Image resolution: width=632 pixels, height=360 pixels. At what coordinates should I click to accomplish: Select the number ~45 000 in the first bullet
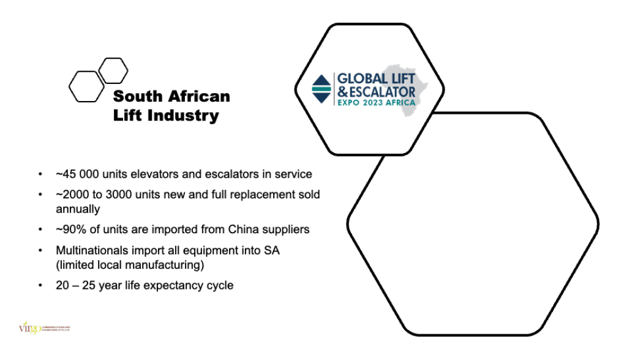(77, 174)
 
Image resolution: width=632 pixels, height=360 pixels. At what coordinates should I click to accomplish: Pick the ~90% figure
(68, 230)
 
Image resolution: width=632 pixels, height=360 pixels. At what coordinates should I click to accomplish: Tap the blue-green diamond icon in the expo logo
(322, 89)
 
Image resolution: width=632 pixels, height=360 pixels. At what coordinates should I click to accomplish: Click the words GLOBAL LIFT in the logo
(376, 78)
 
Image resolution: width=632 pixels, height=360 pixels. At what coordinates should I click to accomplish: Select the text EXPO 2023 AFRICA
(376, 102)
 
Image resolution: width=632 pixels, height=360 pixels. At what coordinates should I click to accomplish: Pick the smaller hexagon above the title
(113, 70)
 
